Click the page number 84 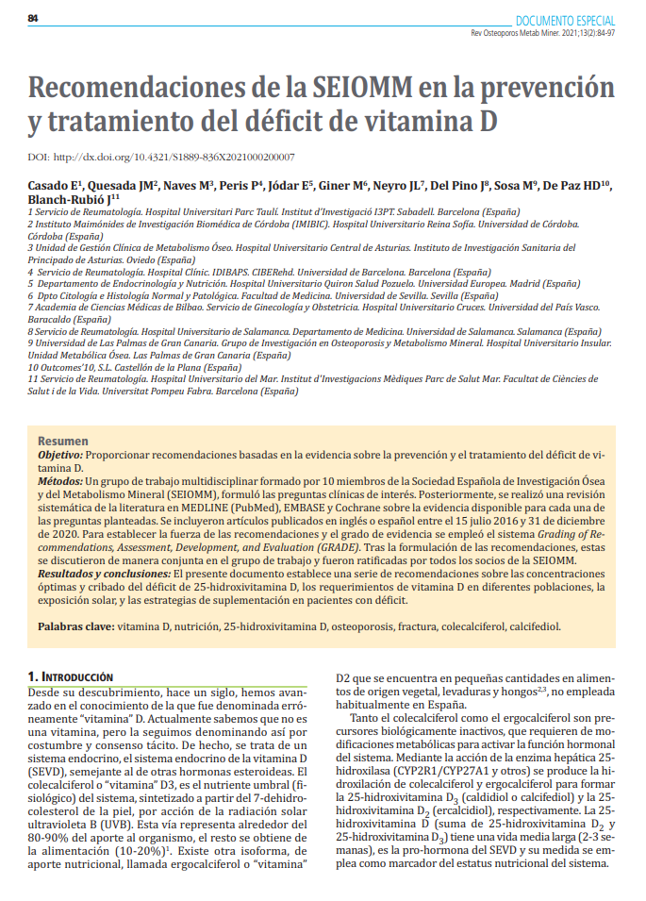[x=32, y=19]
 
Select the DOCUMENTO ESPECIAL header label [x=565, y=20]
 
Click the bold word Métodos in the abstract [x=59, y=481]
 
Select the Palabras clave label [x=75, y=626]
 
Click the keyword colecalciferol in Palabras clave [x=469, y=626]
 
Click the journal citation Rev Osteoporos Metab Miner [x=521, y=33]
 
